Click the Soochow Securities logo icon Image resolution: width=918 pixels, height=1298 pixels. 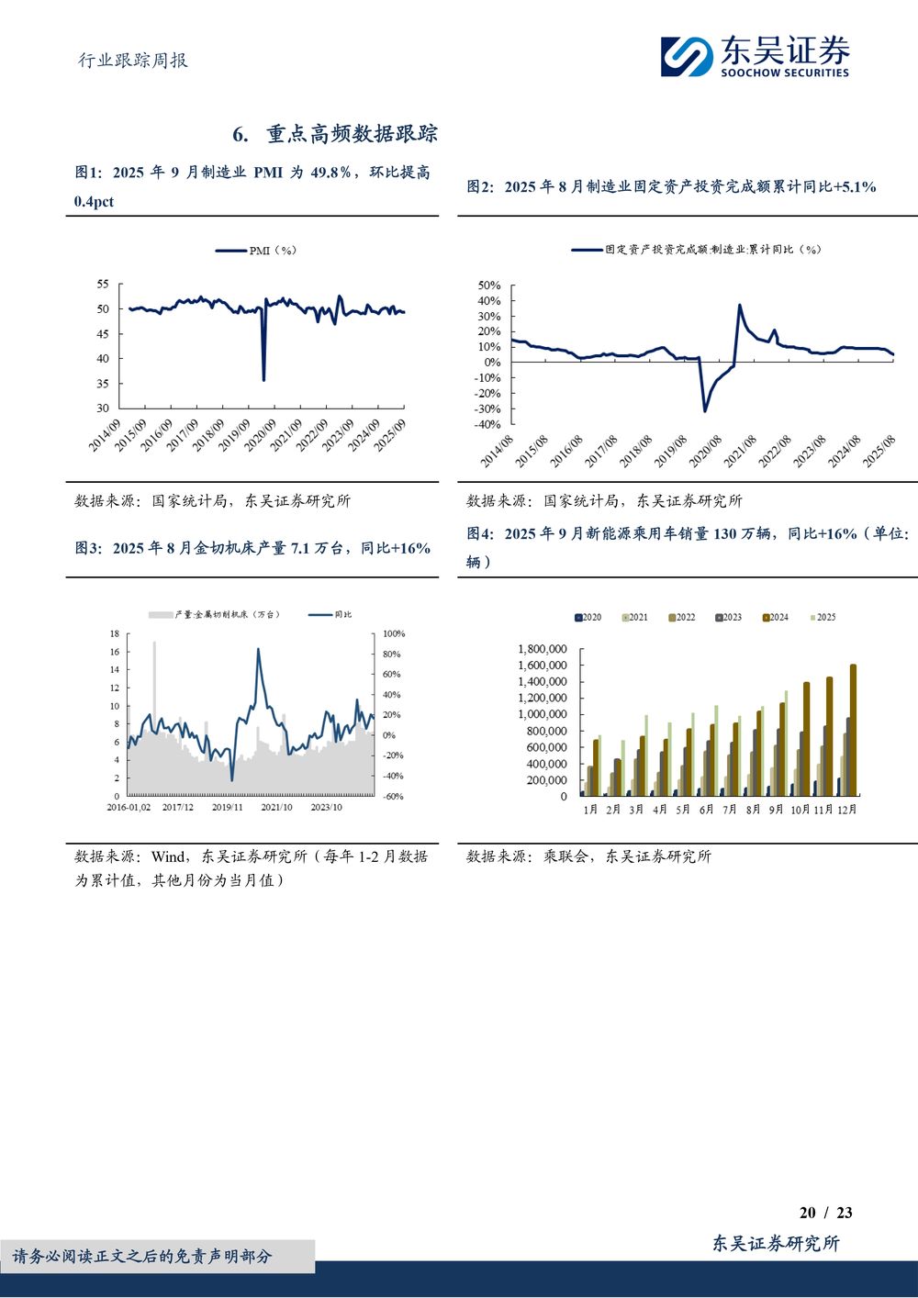pos(687,57)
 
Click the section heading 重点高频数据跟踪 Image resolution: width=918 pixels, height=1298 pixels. pos(352,134)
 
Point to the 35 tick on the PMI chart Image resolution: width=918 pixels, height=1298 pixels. pos(102,384)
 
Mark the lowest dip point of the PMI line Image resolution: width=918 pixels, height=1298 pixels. pos(263,380)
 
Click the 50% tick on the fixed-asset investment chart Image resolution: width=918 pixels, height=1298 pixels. pos(489,285)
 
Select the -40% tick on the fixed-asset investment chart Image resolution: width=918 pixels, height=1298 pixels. pos(487,425)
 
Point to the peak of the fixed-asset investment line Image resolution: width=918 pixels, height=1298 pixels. pos(740,306)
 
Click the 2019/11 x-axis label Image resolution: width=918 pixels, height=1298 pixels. pos(227,808)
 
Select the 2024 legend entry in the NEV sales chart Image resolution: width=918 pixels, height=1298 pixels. pos(775,617)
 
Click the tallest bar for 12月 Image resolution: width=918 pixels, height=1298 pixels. pos(853,730)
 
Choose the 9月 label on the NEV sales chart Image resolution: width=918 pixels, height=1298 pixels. pos(776,810)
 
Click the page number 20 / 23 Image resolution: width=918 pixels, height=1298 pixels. pos(825,1213)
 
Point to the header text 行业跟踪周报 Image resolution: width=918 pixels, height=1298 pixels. pos(132,61)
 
